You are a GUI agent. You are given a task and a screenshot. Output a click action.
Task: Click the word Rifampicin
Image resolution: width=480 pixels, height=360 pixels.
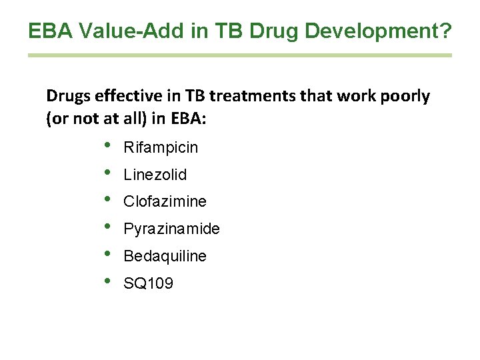coord(161,147)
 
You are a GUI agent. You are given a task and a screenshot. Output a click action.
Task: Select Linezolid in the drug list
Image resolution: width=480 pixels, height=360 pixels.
coord(155,175)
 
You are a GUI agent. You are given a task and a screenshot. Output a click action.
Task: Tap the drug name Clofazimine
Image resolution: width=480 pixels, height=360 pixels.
coord(165,201)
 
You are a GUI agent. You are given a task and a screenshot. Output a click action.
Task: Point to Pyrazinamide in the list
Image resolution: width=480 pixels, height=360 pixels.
coord(171,229)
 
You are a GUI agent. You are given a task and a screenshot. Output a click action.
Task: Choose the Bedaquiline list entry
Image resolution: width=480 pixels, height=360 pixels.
coord(165,256)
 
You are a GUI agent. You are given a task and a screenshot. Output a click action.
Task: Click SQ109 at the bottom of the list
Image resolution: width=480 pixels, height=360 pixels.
coord(148,283)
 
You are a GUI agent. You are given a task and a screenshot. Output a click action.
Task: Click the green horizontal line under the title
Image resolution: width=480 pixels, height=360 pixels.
coord(240,55)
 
